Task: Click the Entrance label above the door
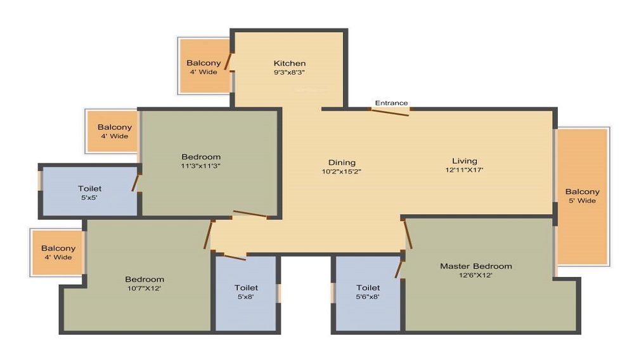click(391, 103)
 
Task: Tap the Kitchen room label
click(290, 63)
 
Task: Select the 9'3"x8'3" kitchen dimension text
click(290, 72)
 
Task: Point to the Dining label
click(342, 162)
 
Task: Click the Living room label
click(464, 161)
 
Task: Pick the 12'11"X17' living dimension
click(464, 170)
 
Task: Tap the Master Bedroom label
click(475, 266)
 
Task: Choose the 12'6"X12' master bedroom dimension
click(475, 275)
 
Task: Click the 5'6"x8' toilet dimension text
click(368, 296)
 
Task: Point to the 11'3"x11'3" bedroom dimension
click(201, 166)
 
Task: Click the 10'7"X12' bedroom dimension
click(145, 288)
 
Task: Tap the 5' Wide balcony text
click(582, 201)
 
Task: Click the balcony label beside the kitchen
click(204, 63)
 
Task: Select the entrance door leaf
click(390, 112)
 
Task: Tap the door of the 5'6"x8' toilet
click(399, 267)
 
